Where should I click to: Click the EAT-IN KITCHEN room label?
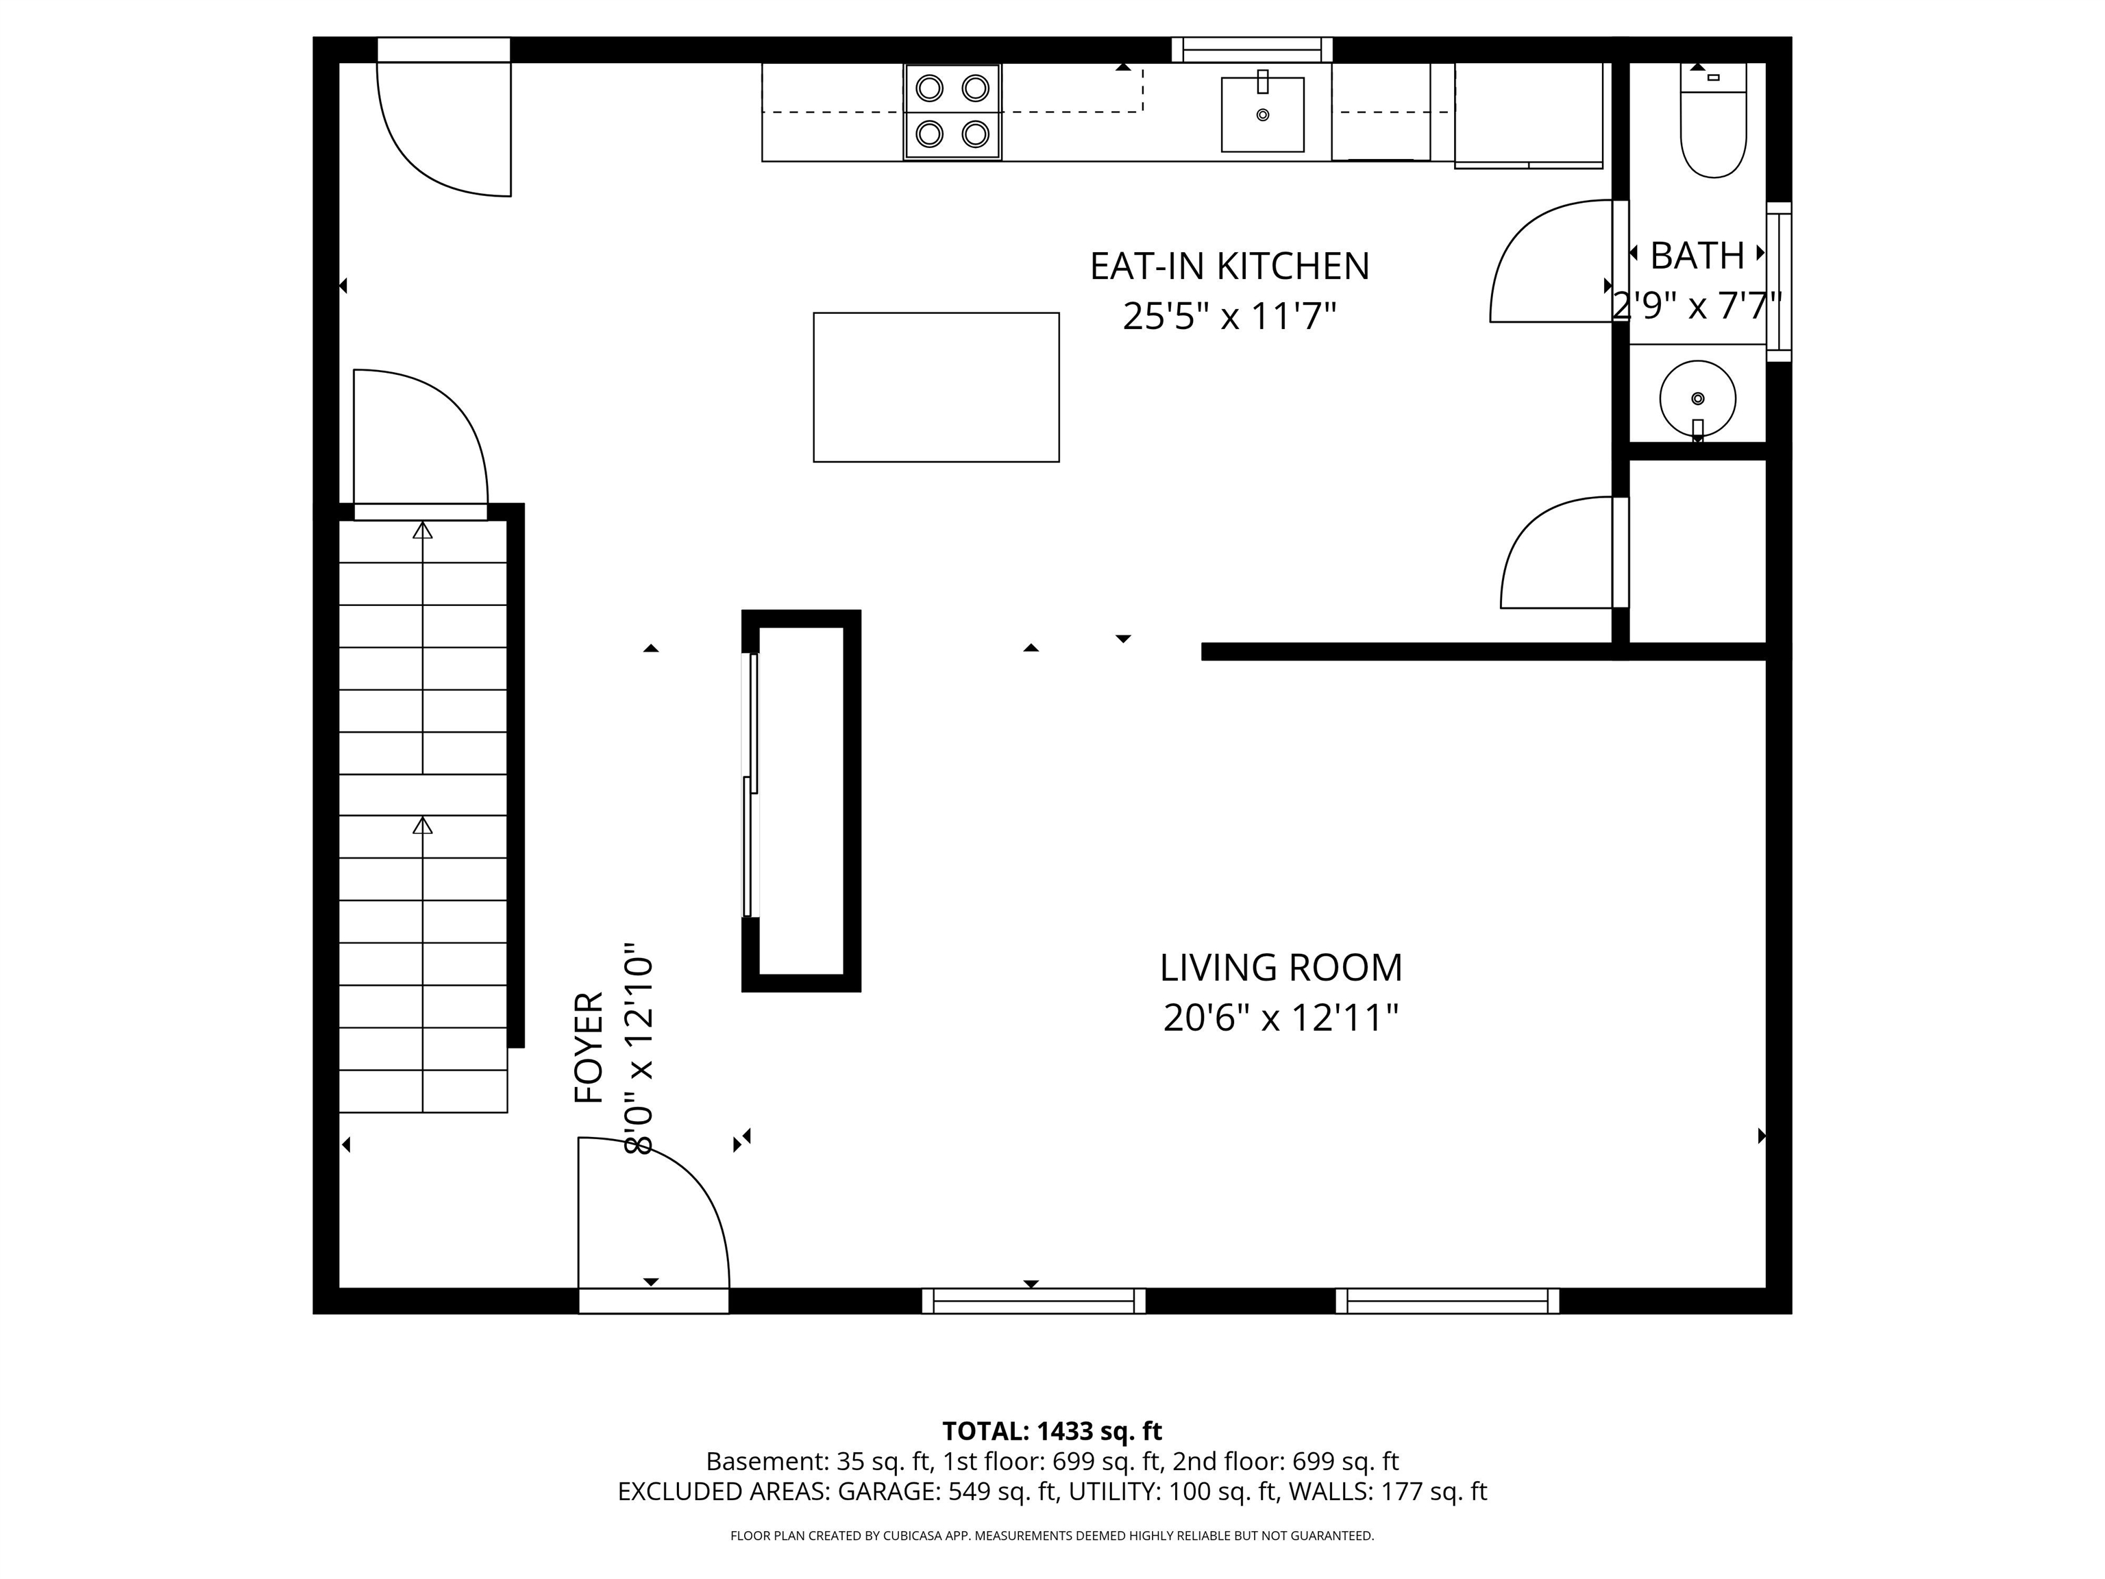1229,267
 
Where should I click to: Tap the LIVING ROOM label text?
1280,968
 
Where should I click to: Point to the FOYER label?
589,1047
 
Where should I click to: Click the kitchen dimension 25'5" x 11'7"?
1229,316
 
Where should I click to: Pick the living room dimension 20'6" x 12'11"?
1280,1018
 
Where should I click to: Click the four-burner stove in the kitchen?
952,111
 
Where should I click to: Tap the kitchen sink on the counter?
1262,114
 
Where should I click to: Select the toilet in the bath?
1713,124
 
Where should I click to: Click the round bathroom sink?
1698,398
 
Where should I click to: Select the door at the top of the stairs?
421,443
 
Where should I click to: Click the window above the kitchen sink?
1251,49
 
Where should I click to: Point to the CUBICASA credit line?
1052,1535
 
